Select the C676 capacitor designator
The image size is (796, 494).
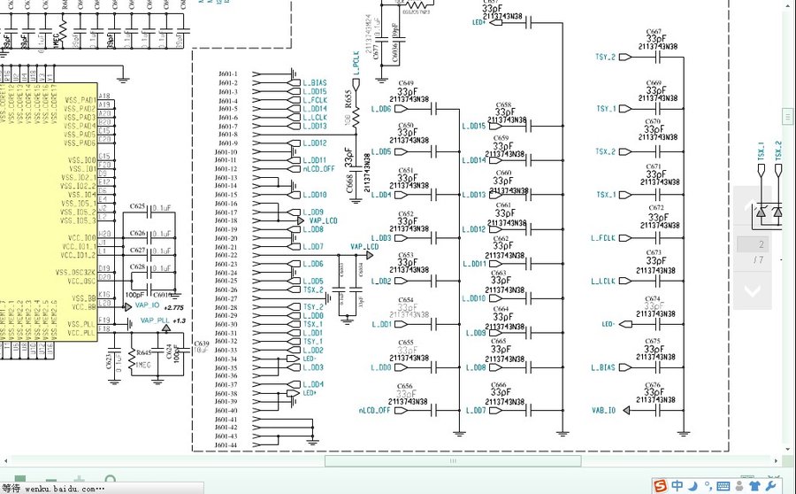pos(653,386)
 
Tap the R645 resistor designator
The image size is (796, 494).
pos(142,353)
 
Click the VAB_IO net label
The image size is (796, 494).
pos(604,410)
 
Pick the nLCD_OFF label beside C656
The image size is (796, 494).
pos(375,411)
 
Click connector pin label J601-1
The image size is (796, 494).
pos(228,73)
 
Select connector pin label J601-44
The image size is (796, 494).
pos(228,444)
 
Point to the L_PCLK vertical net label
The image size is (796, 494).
pos(356,64)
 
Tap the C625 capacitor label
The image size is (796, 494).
pos(137,206)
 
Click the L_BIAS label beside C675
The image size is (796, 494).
pos(603,367)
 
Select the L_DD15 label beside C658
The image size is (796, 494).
pos(474,126)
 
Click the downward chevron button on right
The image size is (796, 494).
pos(752,289)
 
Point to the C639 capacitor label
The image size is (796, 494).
pos(201,343)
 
